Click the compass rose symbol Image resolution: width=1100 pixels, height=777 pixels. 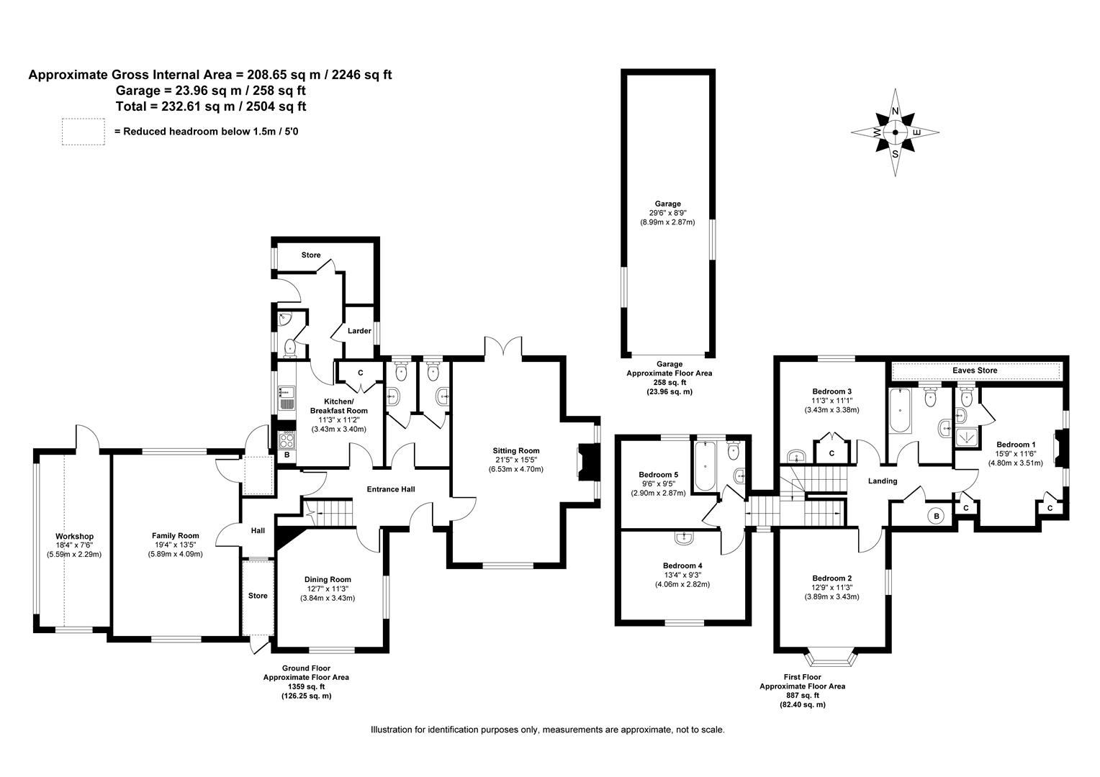(x=895, y=133)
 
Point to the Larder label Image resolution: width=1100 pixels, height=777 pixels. (x=359, y=331)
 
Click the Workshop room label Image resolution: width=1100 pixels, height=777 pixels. (x=74, y=537)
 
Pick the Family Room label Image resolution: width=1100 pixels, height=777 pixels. (x=175, y=536)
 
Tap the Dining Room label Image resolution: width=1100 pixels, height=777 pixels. (x=328, y=580)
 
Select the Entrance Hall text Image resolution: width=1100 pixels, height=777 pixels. (x=391, y=489)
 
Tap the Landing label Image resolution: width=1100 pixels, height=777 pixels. (x=882, y=481)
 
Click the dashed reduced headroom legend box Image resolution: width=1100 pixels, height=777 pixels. (x=83, y=132)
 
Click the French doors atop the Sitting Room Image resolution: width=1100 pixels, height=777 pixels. (x=503, y=347)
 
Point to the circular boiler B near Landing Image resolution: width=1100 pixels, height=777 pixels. (x=936, y=516)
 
